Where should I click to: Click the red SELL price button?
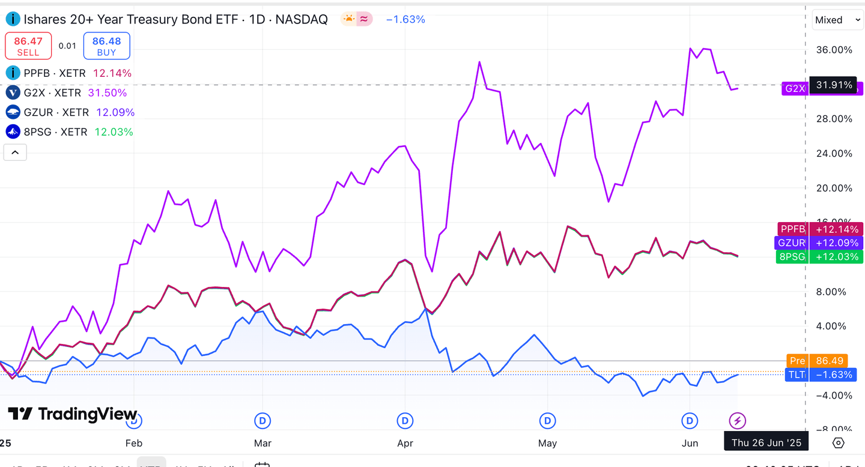(28, 46)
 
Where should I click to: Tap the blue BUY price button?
(106, 46)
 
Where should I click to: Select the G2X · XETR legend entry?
(52, 93)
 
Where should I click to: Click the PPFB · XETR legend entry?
(55, 73)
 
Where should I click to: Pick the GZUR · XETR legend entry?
(56, 112)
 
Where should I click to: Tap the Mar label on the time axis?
(263, 444)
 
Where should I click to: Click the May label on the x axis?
(547, 444)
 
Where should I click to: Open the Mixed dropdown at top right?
(837, 20)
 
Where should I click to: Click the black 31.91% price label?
(833, 85)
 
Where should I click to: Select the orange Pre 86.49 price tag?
(818, 361)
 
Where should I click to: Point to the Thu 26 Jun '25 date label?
(766, 443)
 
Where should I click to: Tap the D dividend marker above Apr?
(405, 421)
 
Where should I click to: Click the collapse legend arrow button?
(15, 152)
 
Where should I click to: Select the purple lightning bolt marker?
(737, 421)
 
